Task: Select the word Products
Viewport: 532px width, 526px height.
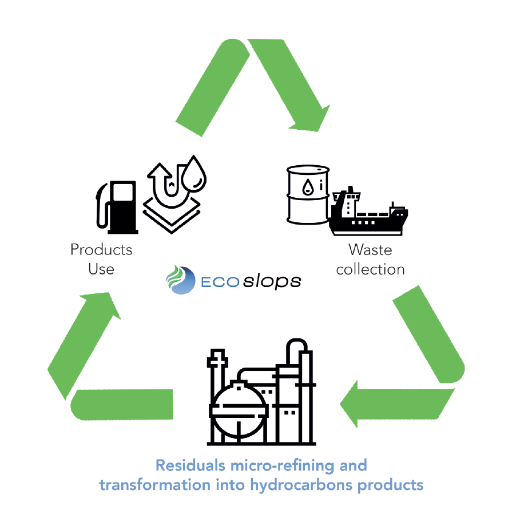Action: tap(101, 250)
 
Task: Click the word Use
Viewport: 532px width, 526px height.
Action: tap(101, 269)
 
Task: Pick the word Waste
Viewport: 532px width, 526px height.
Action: tap(370, 250)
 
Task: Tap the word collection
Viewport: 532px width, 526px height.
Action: tap(370, 269)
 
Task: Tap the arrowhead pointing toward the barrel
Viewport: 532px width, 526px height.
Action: tap(312, 117)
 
